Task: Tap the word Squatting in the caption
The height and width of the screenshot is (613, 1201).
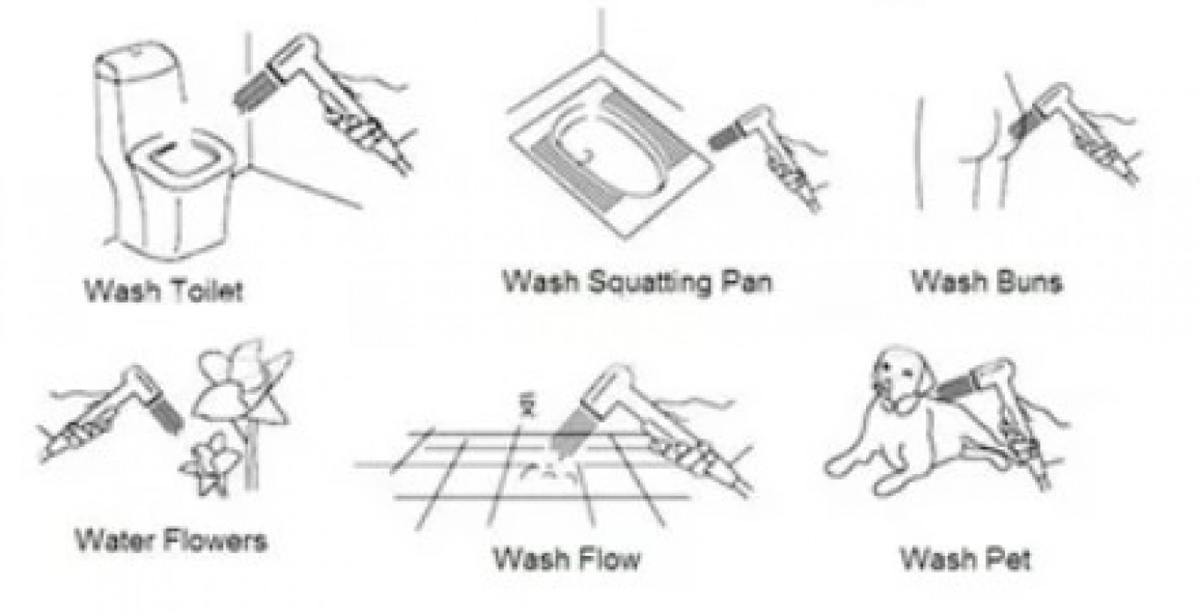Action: (651, 283)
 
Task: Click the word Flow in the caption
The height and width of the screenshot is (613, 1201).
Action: (605, 558)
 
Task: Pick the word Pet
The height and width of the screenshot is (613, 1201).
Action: (1004, 558)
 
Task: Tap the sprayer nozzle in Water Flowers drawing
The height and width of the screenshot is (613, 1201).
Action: (166, 414)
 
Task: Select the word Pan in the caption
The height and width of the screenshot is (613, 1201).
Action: (746, 281)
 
